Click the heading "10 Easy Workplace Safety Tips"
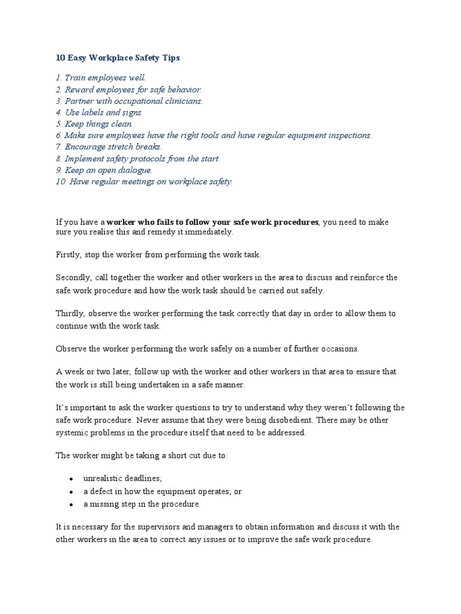click(118, 58)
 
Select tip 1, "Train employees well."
click(100, 78)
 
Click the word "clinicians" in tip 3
click(182, 101)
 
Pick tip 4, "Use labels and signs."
click(99, 112)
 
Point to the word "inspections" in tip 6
click(349, 136)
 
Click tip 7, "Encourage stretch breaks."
click(109, 147)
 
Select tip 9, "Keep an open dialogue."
click(103, 170)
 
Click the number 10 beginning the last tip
click(60, 182)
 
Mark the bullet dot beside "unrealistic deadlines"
click(71, 478)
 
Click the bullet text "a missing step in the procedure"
click(142, 504)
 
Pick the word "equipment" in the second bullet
click(173, 491)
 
